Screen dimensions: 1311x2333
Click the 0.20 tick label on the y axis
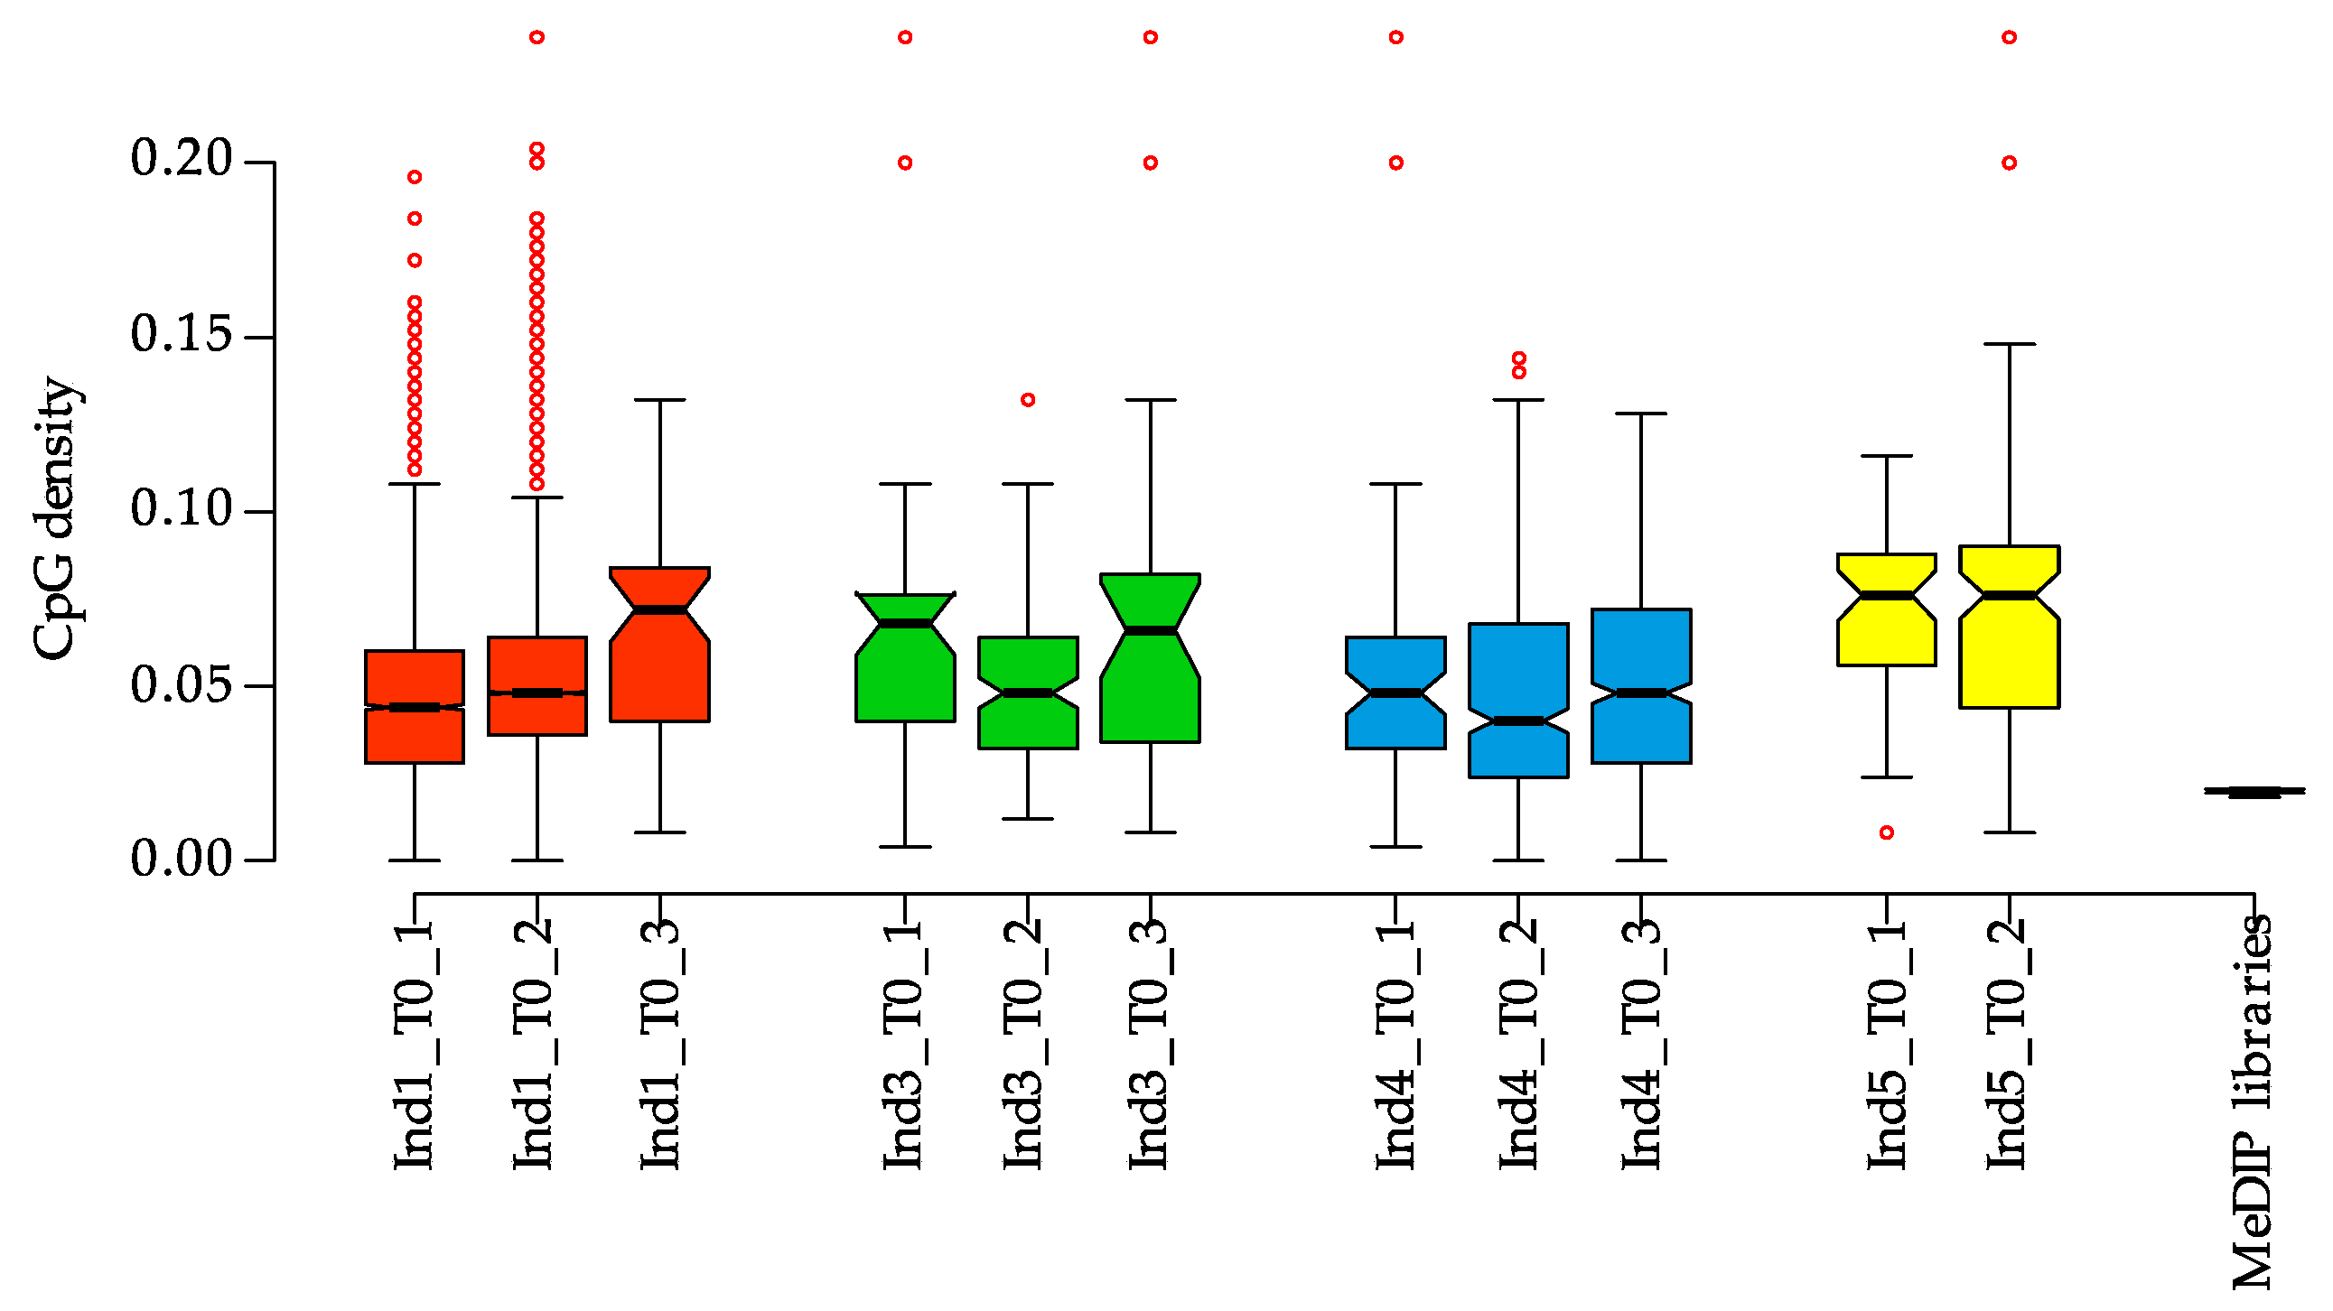pos(182,159)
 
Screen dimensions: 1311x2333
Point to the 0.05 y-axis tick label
pos(182,685)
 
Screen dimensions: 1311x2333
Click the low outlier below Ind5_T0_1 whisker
pos(1887,832)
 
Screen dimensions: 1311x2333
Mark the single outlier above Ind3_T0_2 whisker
pos(1028,399)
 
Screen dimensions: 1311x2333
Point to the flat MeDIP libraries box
pos(2254,792)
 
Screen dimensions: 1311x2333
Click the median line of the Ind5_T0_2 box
pos(2010,595)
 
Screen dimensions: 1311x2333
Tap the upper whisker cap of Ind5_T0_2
pos(2010,344)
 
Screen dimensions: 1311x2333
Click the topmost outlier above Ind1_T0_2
pos(537,37)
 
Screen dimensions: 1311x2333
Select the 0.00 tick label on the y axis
pos(182,860)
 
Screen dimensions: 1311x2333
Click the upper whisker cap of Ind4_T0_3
pos(1641,414)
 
